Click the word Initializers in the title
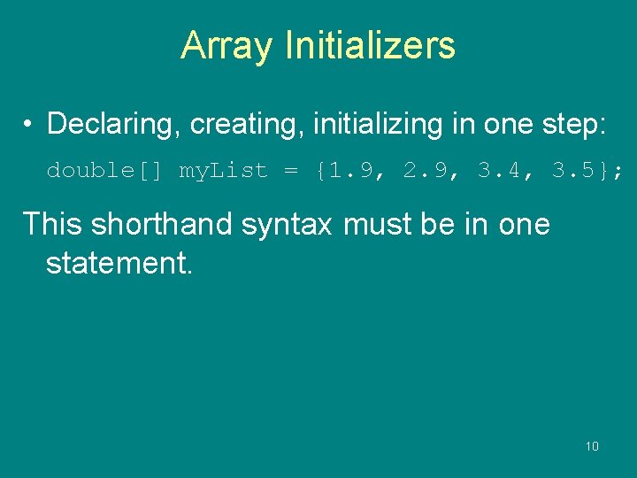tap(370, 45)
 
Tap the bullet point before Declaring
tap(29, 124)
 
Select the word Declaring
tap(112, 124)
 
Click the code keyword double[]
tap(104, 170)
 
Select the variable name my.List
tap(223, 170)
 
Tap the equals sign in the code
tap(291, 170)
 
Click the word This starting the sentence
tap(52, 224)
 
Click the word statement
tap(119, 263)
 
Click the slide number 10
tap(592, 446)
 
